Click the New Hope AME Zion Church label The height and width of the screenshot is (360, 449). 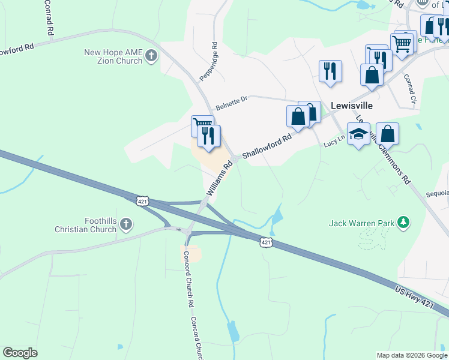113,57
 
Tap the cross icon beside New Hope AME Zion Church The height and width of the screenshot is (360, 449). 151,57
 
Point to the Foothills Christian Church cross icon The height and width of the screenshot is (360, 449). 125,225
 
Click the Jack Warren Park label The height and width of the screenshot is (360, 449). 361,224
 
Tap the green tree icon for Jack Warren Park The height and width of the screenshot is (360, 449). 404,224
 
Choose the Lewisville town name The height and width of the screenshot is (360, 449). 352,105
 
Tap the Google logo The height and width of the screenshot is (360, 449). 20,353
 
